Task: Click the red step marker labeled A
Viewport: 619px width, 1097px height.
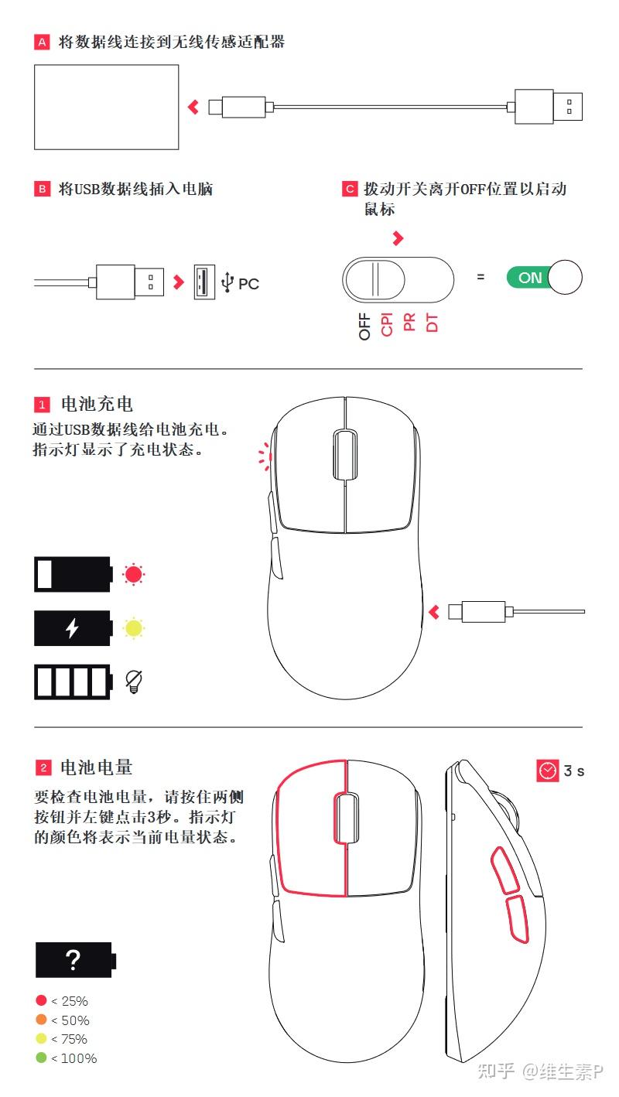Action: coord(42,43)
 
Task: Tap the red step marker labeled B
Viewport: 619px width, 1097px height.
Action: coord(42,190)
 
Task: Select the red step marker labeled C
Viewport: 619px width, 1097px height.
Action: coord(350,190)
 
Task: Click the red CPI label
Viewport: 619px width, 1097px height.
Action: coord(388,323)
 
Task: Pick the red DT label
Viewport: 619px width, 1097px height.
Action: coord(433,323)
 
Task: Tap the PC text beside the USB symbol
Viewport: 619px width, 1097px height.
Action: coord(248,284)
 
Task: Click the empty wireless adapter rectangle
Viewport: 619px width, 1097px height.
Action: coord(106,107)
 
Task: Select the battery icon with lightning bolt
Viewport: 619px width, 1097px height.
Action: coord(73,628)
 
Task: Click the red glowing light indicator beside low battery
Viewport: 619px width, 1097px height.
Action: coord(134,575)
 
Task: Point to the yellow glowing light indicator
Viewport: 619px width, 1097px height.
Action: coord(134,628)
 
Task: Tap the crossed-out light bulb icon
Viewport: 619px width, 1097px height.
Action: coord(134,681)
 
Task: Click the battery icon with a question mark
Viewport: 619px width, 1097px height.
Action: coord(74,960)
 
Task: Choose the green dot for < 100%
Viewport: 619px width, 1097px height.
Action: coord(41,1058)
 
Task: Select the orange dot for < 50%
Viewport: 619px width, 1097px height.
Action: coord(41,1020)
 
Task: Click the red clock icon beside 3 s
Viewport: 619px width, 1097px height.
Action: coord(548,771)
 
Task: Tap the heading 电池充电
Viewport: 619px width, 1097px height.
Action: coord(97,404)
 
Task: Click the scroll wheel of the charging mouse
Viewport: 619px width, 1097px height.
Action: coord(344,455)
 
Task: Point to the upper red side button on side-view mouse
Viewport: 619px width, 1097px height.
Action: coord(505,868)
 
